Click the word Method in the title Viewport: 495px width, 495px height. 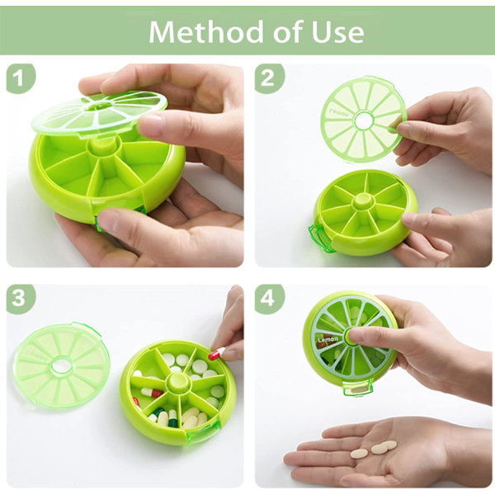[205, 31]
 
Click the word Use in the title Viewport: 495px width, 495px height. [337, 32]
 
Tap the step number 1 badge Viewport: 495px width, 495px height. [21, 78]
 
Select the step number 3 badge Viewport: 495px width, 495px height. [21, 299]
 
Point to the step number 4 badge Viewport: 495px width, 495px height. [269, 299]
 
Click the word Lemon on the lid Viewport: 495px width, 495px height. [328, 340]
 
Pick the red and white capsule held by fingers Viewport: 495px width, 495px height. [216, 354]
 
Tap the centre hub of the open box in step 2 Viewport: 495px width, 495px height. [365, 201]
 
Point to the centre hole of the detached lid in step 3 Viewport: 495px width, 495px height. [60, 366]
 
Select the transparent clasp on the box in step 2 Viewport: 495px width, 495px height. [320, 238]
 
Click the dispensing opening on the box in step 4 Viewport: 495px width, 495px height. [357, 389]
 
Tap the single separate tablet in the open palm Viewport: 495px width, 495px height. [359, 453]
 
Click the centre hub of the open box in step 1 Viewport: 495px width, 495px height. [101, 147]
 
